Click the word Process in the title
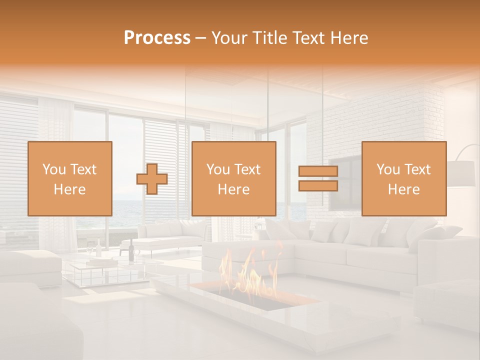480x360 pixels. (x=157, y=38)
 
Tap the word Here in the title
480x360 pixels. (x=348, y=38)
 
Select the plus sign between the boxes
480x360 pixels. (x=152, y=178)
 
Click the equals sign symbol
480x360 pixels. (x=318, y=178)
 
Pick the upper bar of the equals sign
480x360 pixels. (x=318, y=171)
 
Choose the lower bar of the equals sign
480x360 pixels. (x=318, y=186)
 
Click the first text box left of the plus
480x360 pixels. (x=70, y=178)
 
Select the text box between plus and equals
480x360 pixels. (x=233, y=178)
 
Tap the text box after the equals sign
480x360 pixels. (x=404, y=178)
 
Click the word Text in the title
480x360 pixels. (x=309, y=38)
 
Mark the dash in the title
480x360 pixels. (x=201, y=38)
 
